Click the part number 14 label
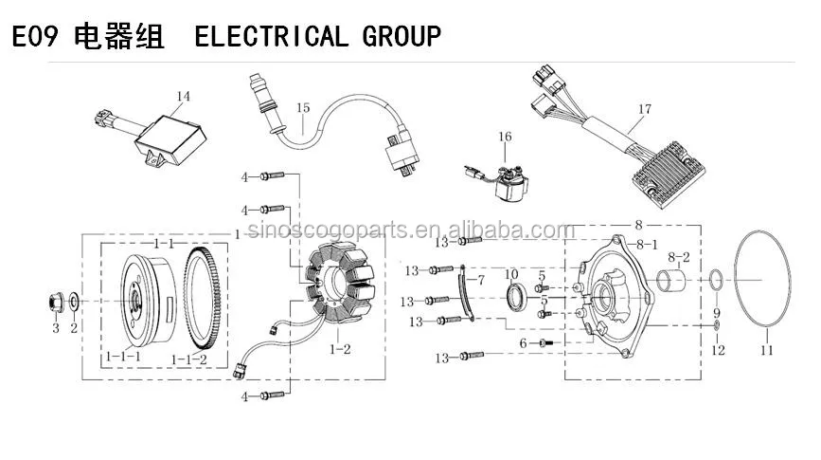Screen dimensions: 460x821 coord(184,96)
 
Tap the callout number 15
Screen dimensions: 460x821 coord(302,108)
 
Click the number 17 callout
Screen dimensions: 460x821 coord(644,110)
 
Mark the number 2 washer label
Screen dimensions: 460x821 coord(74,328)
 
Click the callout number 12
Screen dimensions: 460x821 coord(717,351)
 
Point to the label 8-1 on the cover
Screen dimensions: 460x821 coord(649,244)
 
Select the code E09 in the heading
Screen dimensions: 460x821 coord(35,36)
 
